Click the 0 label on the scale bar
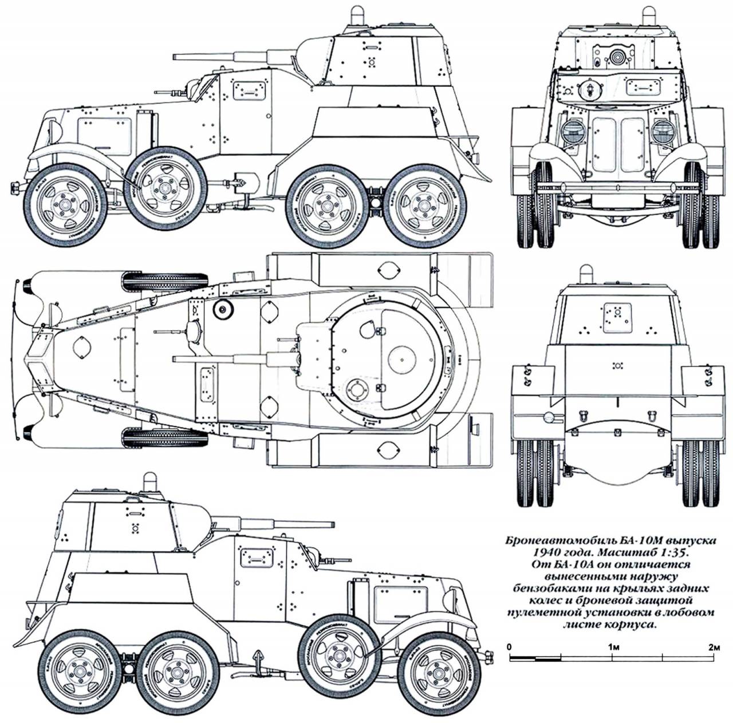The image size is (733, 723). (510, 647)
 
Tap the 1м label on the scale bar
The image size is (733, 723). (612, 647)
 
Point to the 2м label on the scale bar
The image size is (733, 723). (714, 647)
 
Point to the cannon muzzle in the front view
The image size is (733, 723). (617, 57)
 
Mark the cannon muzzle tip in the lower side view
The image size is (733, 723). (332, 523)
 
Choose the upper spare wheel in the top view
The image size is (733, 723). (165, 281)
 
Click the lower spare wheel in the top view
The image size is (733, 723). (165, 438)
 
